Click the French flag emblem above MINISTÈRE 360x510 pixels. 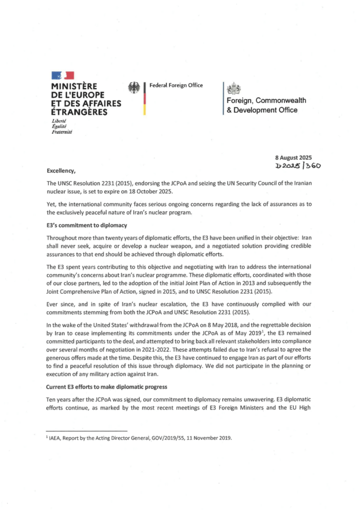point(63,75)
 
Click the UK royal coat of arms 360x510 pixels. point(234,89)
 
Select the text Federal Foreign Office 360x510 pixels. point(176,85)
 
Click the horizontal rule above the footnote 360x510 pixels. point(87,431)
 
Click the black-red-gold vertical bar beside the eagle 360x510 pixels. point(144,98)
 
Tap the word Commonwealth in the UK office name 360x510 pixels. point(278,101)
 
